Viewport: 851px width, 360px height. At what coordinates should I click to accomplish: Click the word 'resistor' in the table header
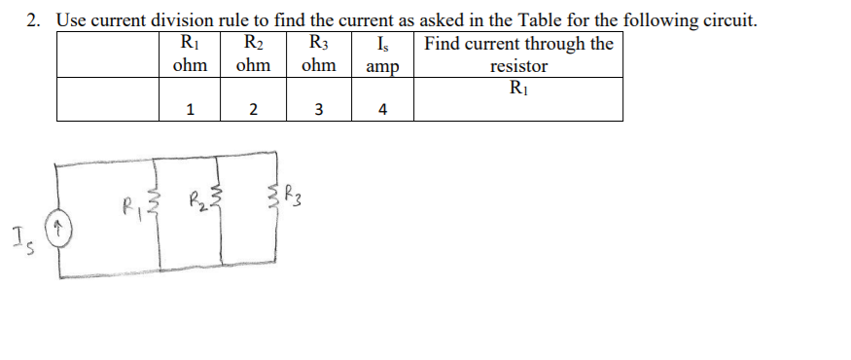coord(518,66)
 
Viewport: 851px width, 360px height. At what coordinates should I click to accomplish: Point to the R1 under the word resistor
coord(518,89)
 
